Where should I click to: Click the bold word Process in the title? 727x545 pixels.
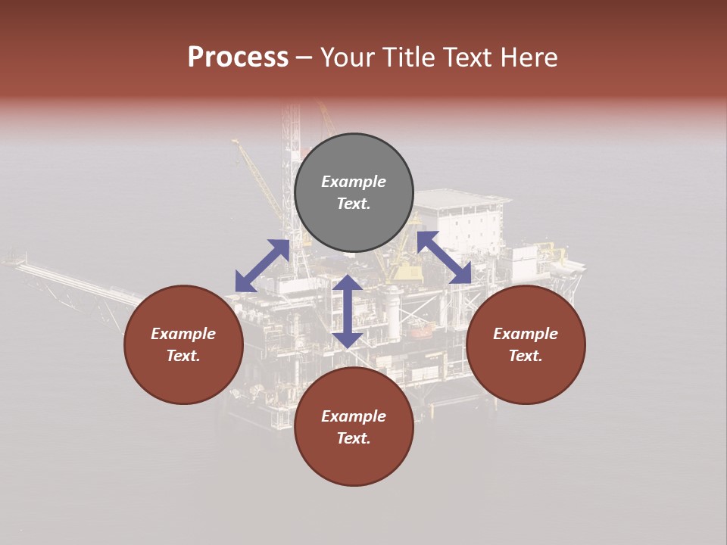coord(238,58)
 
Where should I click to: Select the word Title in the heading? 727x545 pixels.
coord(410,58)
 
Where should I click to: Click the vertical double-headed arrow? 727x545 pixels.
coord(348,311)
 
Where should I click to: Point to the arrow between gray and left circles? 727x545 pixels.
coord(262,265)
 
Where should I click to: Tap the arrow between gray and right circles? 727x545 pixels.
coord(445,257)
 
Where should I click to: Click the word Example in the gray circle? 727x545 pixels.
coord(354,182)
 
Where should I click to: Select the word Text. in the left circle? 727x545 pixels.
coord(183,356)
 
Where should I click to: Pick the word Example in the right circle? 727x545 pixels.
coord(526,334)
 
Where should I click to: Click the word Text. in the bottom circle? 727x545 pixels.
coord(354,438)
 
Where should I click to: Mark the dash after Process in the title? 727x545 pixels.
coord(304,58)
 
